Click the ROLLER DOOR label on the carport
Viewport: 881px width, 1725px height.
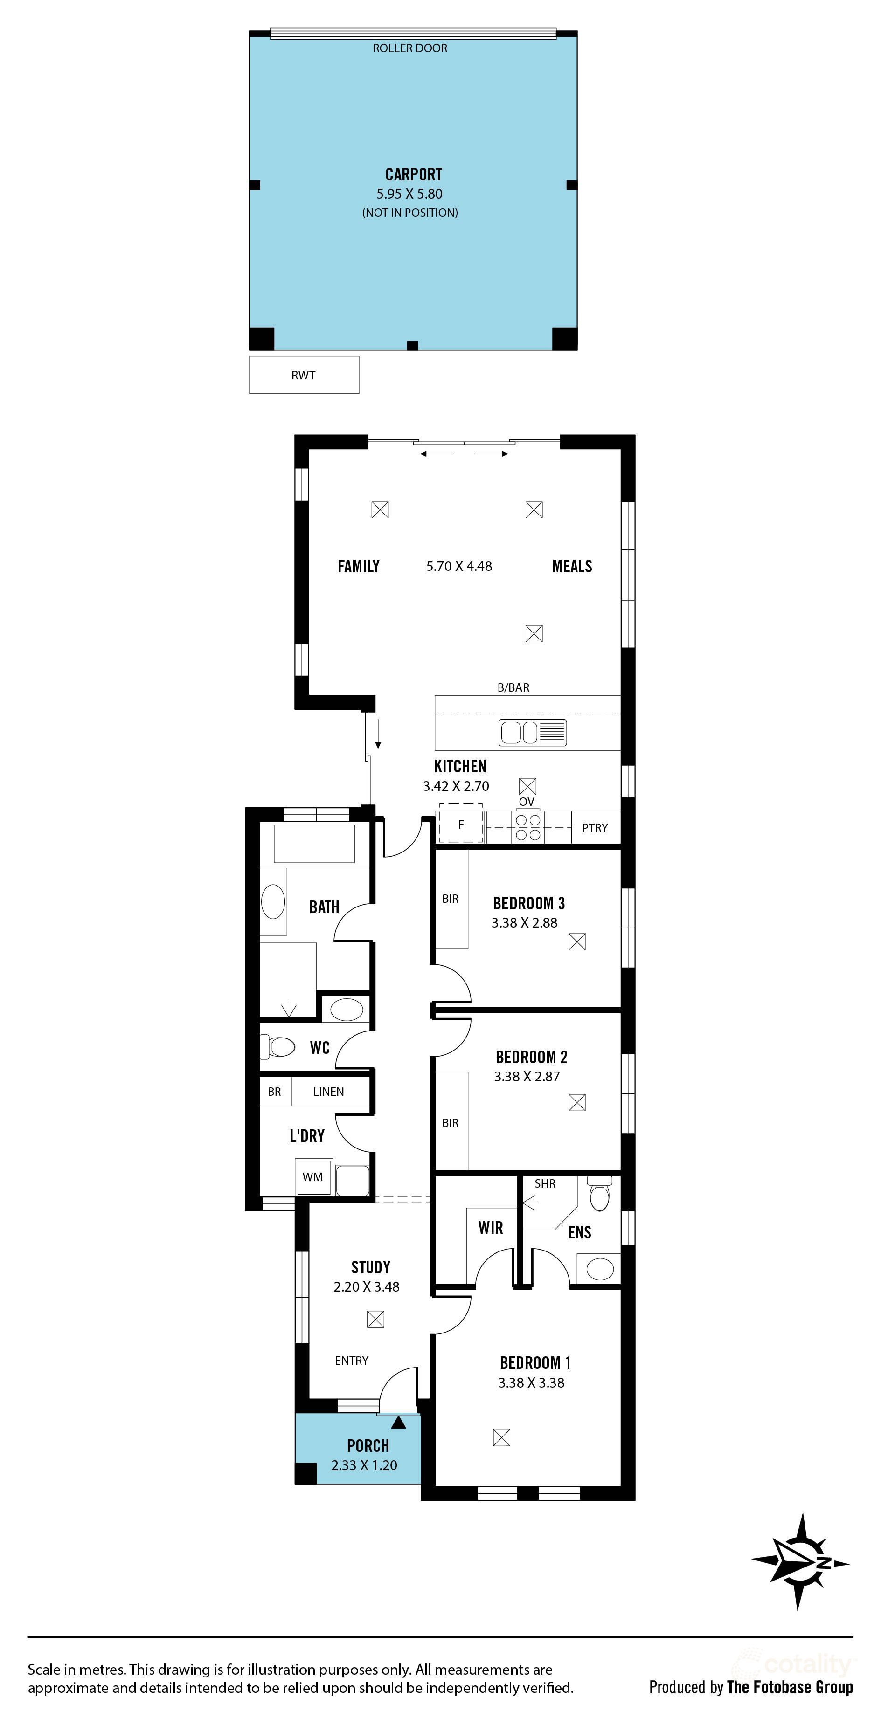point(409,48)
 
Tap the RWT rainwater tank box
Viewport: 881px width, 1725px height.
point(304,375)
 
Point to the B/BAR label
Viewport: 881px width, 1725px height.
point(513,688)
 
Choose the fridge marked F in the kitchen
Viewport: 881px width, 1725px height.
point(461,825)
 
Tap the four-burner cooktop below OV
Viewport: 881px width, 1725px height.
point(528,827)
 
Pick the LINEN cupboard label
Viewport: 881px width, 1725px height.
point(328,1092)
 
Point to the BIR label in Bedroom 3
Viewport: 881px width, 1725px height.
point(450,899)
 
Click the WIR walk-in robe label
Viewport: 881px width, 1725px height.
point(491,1228)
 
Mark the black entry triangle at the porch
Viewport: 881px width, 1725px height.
point(399,1422)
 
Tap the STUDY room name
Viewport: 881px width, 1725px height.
point(370,1267)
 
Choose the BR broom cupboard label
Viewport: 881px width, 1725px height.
point(274,1092)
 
